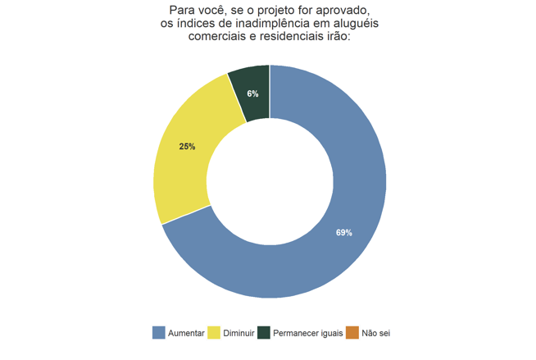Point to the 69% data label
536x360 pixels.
344,233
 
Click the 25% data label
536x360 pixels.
187,147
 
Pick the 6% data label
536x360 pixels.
252,94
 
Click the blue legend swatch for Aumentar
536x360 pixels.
159,333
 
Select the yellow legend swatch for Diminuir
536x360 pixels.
215,333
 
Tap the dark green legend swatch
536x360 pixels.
264,333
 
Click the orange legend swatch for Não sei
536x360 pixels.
352,333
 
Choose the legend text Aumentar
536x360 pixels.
186,333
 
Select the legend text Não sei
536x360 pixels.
375,333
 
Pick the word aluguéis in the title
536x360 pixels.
349,23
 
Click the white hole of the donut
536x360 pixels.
269,181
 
